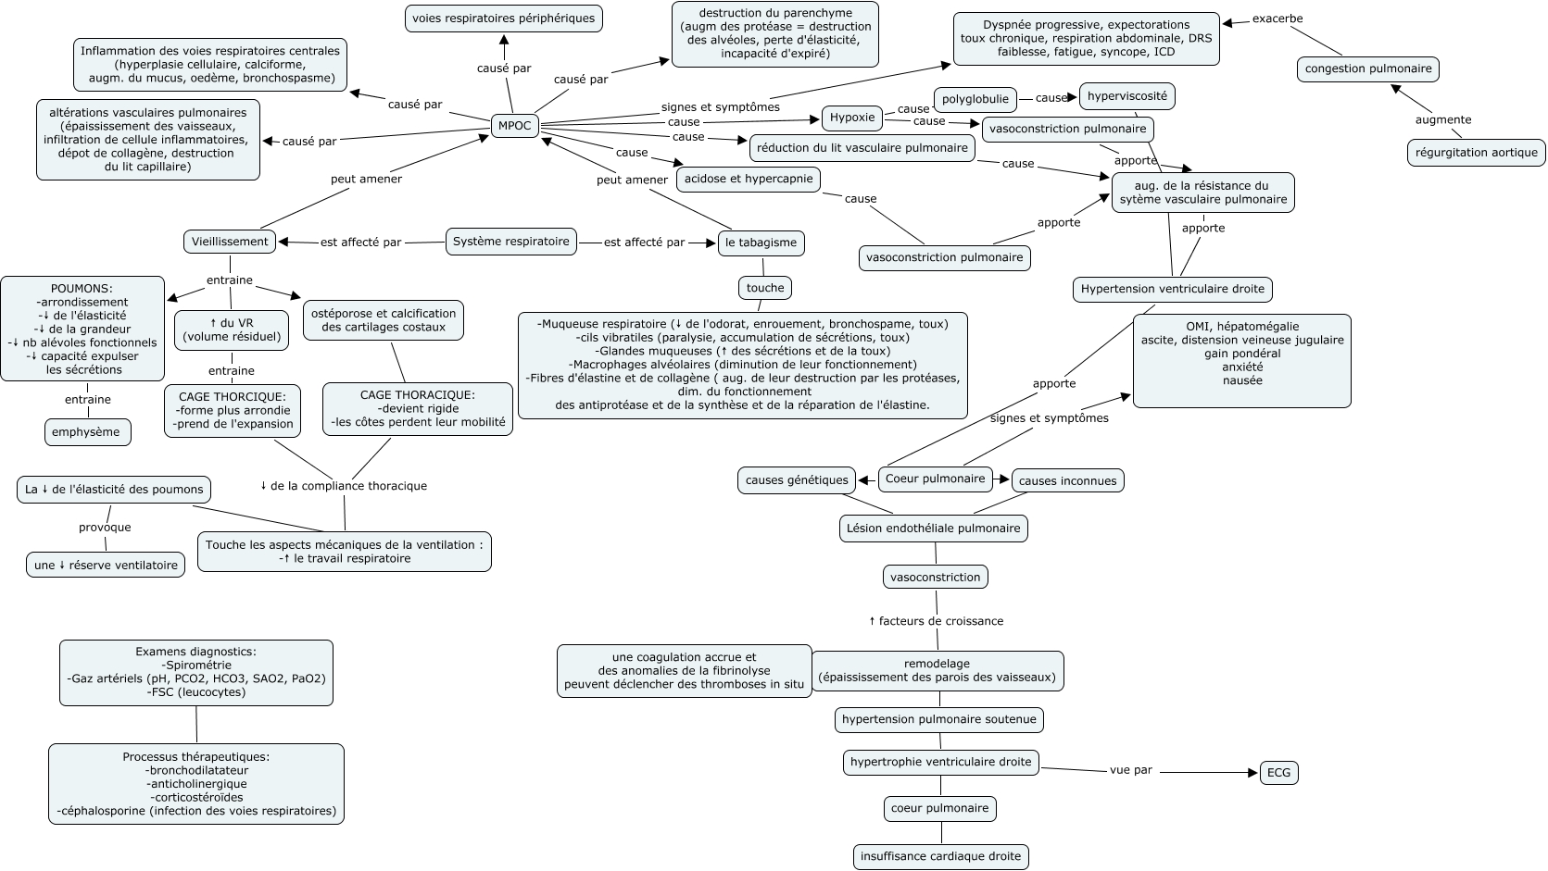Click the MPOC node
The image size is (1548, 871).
click(x=515, y=126)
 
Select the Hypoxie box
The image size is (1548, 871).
click(x=852, y=118)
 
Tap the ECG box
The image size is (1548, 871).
click(x=1279, y=773)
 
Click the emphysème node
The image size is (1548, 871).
click(x=88, y=432)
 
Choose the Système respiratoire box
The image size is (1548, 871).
click(x=510, y=242)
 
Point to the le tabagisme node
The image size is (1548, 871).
click(x=761, y=243)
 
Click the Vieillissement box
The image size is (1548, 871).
click(x=230, y=242)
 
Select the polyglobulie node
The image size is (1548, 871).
click(x=975, y=99)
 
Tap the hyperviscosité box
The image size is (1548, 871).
click(x=1127, y=96)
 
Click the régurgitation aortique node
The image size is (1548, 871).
click(x=1476, y=153)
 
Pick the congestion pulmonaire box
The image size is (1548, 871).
click(x=1367, y=69)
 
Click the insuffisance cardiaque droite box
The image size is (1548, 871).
click(x=940, y=856)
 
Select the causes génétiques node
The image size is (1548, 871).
click(x=797, y=480)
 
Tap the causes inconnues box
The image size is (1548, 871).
click(x=1068, y=480)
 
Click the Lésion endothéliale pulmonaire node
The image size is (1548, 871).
click(x=934, y=529)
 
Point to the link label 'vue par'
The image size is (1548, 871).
click(x=1131, y=770)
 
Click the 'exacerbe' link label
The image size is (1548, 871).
click(x=1277, y=19)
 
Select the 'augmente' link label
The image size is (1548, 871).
click(x=1443, y=120)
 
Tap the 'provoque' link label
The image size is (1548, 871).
click(x=105, y=528)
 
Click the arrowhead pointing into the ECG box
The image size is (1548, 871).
click(x=1253, y=773)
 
